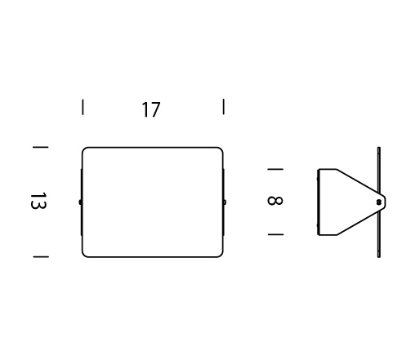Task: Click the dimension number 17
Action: click(151, 109)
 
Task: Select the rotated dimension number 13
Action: click(38, 201)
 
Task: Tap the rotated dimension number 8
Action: click(275, 201)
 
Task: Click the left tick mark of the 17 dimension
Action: click(83, 107)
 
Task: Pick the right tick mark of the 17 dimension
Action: click(224, 107)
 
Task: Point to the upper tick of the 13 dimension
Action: click(41, 147)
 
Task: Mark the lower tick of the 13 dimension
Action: click(41, 256)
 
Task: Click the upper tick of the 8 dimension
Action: click(275, 169)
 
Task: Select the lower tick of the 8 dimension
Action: click(275, 234)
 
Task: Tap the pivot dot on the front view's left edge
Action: click(80, 202)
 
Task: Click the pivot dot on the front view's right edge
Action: click(225, 202)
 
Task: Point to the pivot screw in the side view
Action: click(378, 202)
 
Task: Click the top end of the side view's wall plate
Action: click(379, 148)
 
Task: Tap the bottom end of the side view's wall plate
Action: click(379, 256)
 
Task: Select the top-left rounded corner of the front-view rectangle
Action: click(84, 149)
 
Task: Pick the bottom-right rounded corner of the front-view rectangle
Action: click(221, 255)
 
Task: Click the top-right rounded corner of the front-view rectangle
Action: click(221, 149)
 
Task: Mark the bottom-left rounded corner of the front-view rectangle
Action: click(84, 255)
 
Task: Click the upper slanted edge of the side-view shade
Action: click(360, 182)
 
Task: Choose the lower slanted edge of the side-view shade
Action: click(360, 222)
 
